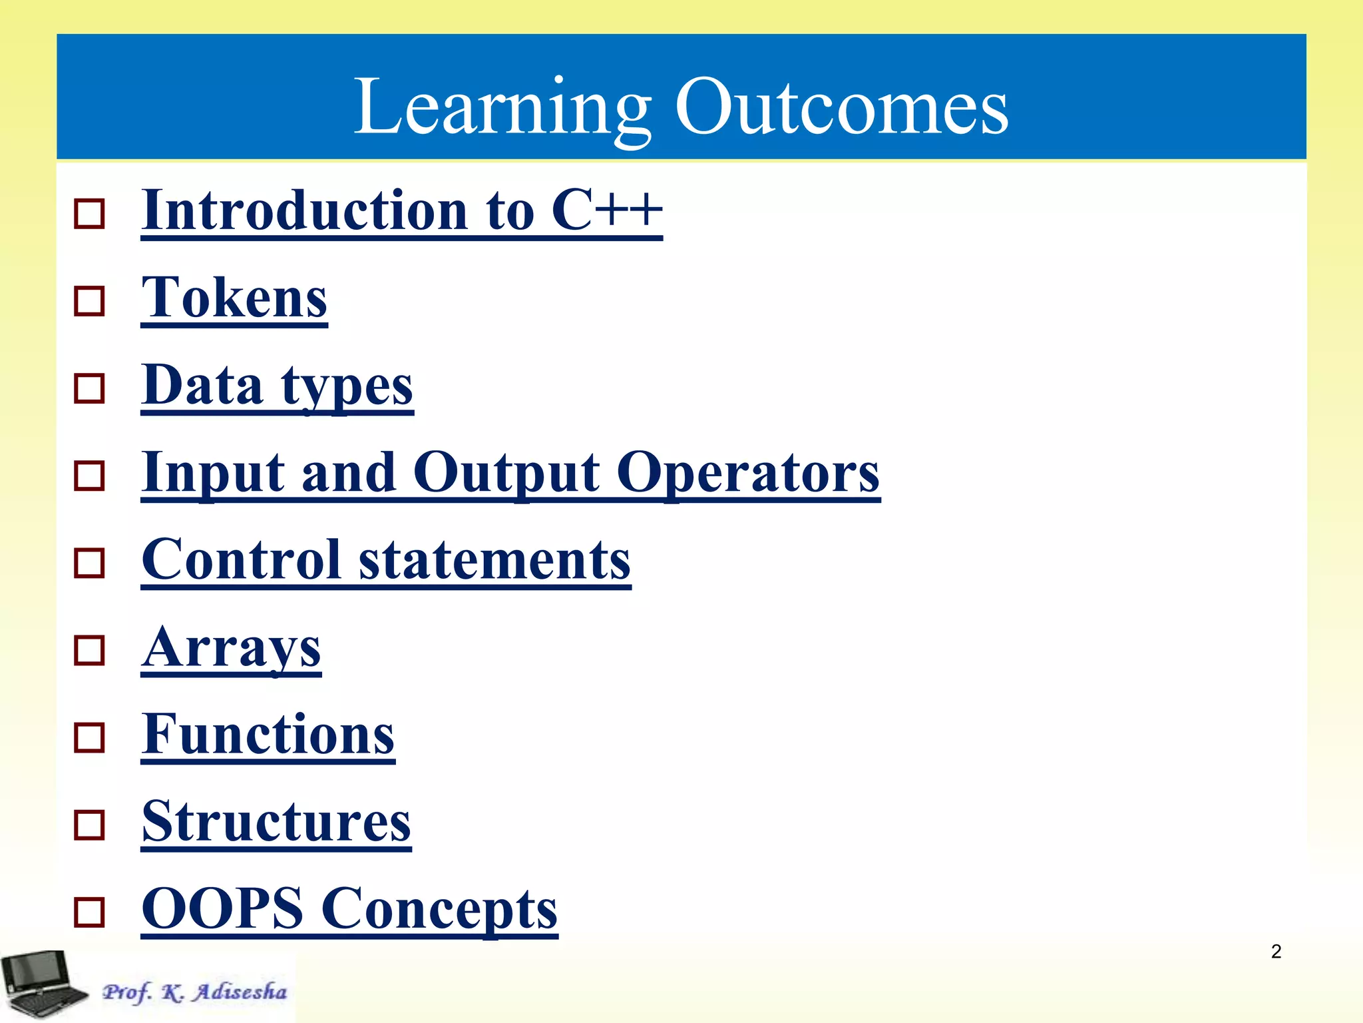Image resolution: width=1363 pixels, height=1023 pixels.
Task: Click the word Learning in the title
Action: (x=500, y=107)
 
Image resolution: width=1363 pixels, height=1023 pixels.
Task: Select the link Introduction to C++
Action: (x=401, y=211)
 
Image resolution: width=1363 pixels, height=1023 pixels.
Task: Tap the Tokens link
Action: (x=234, y=298)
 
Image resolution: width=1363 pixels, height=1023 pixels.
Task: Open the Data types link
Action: (x=277, y=386)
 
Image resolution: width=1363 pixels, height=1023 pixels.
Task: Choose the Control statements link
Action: (x=386, y=561)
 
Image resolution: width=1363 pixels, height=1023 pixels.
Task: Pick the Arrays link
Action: (x=231, y=648)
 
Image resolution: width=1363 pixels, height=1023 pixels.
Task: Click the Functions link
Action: (x=268, y=735)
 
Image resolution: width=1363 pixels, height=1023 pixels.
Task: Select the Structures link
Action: (x=276, y=823)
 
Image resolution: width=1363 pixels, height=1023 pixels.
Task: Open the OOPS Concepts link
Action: (x=349, y=910)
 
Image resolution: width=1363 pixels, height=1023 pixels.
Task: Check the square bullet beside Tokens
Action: (x=89, y=301)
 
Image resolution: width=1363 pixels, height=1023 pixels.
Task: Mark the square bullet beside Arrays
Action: (x=89, y=650)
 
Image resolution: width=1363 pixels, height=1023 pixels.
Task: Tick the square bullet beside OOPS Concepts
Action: (x=89, y=912)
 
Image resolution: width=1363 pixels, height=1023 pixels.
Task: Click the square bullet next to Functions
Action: (x=89, y=738)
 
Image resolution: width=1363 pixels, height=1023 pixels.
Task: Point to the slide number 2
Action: (x=1276, y=952)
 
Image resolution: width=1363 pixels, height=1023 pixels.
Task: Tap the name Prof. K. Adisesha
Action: (x=194, y=992)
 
